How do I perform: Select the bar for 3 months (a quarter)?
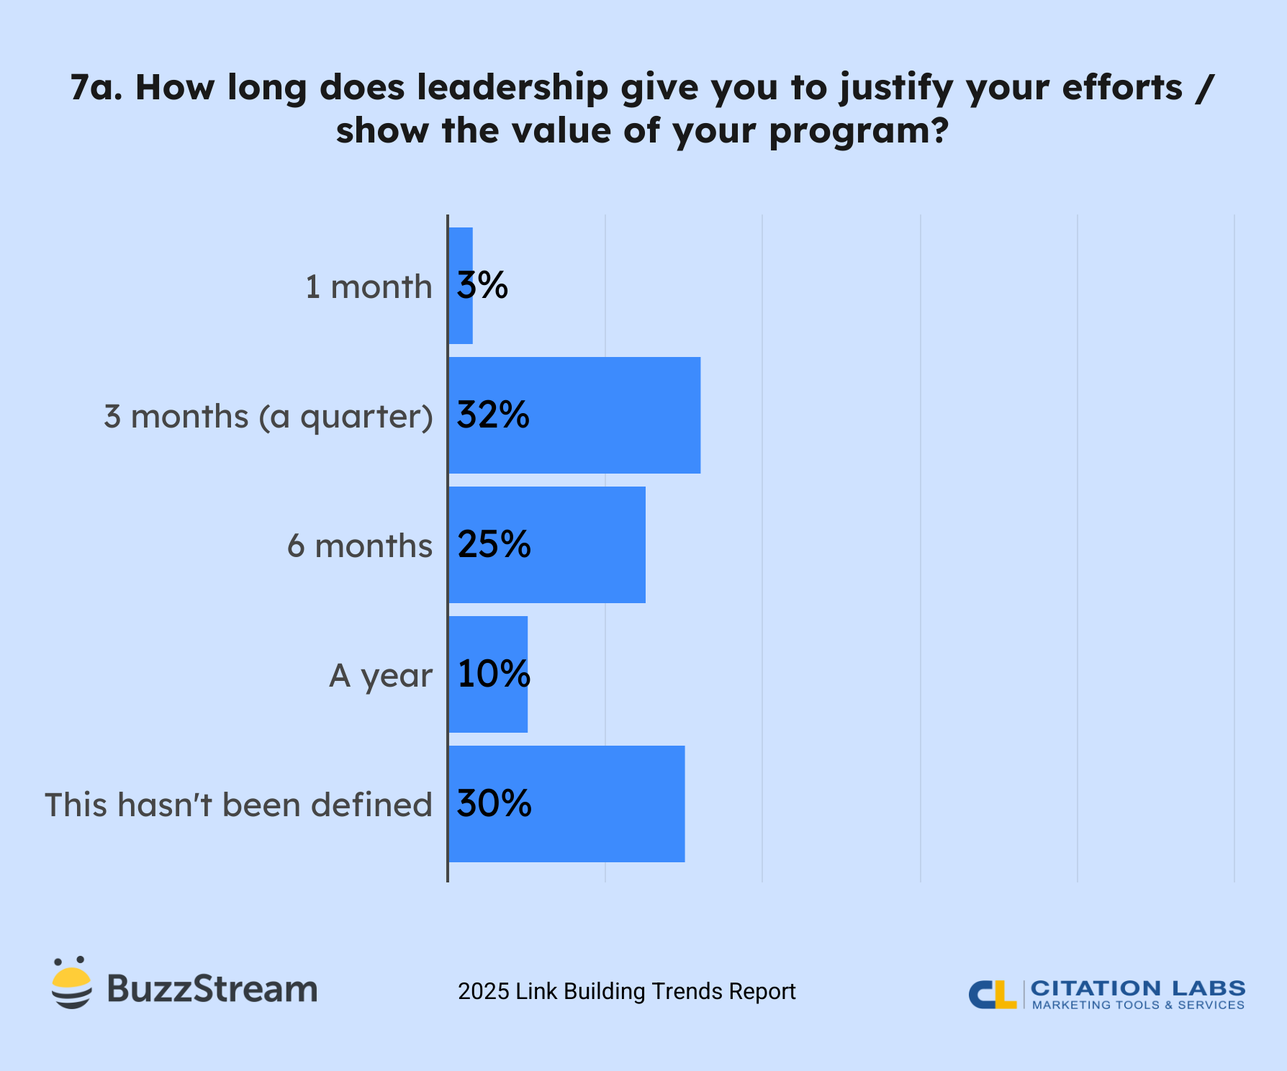(612, 415)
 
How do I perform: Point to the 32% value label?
(493, 415)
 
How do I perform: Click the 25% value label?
(494, 545)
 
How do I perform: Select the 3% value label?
(482, 286)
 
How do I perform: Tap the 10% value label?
(494, 674)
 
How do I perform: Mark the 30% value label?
(494, 804)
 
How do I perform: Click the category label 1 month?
(369, 287)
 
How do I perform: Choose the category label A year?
(381, 677)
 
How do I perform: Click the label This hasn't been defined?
(238, 805)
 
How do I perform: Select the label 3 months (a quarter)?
(268, 417)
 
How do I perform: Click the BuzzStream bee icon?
(71, 985)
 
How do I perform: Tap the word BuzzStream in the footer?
(212, 989)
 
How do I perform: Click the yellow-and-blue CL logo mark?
(992, 994)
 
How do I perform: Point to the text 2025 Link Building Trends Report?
(626, 991)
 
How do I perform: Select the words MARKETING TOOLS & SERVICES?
(1138, 1006)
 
